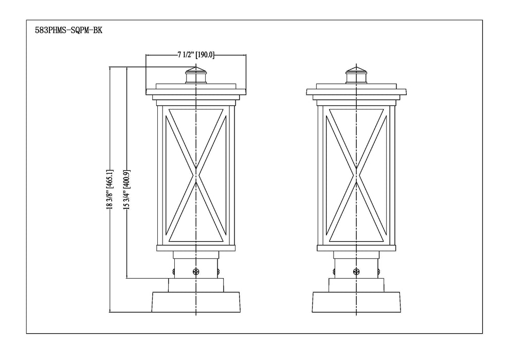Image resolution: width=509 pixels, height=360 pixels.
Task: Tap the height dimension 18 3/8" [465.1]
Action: pos(109,189)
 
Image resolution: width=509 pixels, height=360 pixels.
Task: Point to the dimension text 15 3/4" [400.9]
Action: pos(126,189)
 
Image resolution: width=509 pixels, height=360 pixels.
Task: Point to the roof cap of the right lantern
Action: pos(356,92)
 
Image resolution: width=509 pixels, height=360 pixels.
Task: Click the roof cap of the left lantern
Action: pos(196,92)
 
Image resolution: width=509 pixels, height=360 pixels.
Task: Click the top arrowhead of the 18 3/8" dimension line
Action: pos(110,67)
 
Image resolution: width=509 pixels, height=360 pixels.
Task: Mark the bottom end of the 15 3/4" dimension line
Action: pos(126,278)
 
